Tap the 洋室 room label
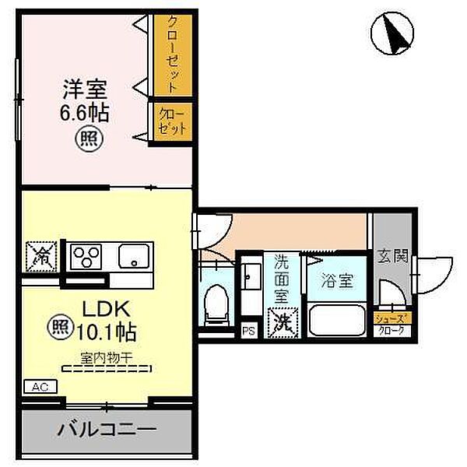point(85,89)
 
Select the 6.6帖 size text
point(85,113)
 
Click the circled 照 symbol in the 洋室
point(85,140)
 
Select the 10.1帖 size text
point(106,332)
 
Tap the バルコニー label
point(106,429)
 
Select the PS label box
point(248,331)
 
